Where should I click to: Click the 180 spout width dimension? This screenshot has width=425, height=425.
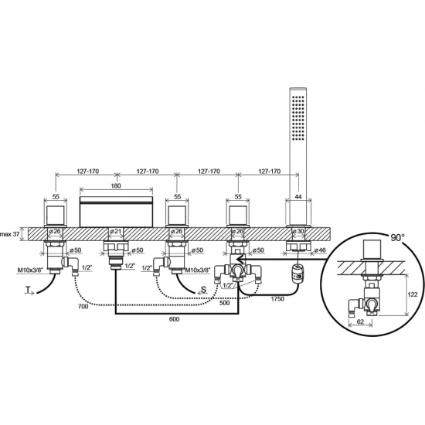[x=116, y=185]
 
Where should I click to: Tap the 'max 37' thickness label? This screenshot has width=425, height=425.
[x=10, y=234]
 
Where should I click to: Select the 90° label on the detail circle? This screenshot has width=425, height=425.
[x=397, y=237]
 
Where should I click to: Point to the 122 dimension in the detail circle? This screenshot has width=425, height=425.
[x=413, y=294]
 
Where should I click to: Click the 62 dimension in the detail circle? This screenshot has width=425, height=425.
[x=360, y=321]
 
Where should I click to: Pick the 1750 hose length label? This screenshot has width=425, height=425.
[x=277, y=299]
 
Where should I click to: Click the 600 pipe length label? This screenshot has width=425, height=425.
[x=174, y=319]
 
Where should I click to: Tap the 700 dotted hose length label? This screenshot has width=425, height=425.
[x=83, y=306]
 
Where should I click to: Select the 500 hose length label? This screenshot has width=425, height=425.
[x=224, y=303]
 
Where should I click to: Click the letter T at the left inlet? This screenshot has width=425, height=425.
[x=27, y=290]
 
